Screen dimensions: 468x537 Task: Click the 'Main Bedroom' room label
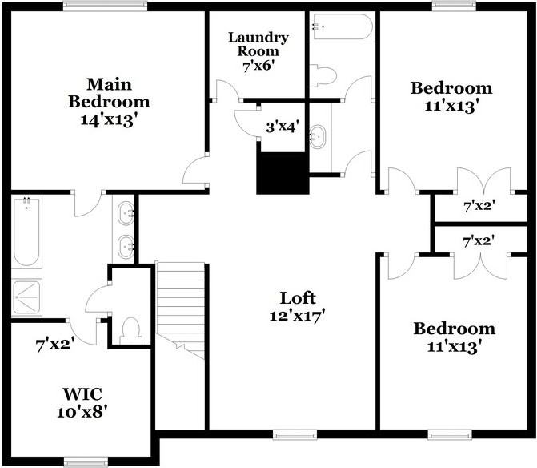[109, 92]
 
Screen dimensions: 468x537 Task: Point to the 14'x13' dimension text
[109, 120]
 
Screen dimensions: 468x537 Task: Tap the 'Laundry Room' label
[258, 45]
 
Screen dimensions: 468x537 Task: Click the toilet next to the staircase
[130, 329]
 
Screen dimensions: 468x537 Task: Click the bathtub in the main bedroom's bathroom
[26, 232]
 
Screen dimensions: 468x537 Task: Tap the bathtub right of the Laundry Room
[342, 27]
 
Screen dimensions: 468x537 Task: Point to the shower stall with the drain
[30, 297]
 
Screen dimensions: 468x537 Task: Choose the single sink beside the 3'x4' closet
[319, 136]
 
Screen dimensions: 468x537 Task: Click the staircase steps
[180, 301]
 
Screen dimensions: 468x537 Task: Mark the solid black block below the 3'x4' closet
[282, 172]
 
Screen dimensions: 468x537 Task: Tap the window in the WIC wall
[86, 461]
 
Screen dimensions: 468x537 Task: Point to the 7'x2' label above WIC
[55, 345]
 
